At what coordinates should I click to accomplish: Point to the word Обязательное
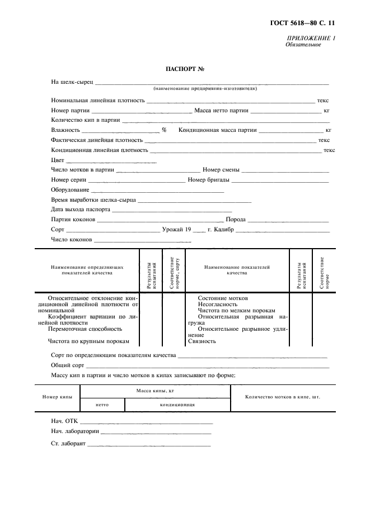(303, 45)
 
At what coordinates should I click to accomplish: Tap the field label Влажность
(66, 130)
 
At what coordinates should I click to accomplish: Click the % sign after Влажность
(165, 130)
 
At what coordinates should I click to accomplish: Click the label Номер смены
(222, 170)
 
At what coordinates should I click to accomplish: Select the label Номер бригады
(209, 180)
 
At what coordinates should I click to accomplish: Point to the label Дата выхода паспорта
(81, 210)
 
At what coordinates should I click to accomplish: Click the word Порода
(235, 220)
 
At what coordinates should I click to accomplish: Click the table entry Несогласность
(218, 305)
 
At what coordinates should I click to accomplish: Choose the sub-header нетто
(102, 405)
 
